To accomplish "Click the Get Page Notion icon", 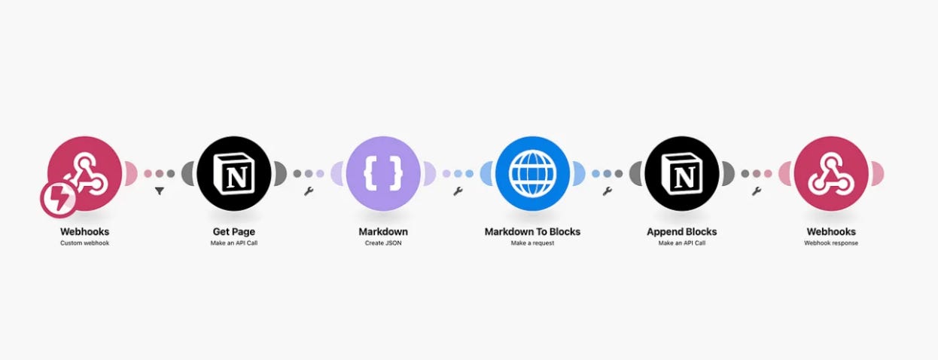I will [x=234, y=173].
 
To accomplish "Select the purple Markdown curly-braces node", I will [x=383, y=173].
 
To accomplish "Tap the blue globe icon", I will [x=532, y=173].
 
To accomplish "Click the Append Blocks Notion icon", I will [x=681, y=173].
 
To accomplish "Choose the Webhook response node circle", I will [x=830, y=173].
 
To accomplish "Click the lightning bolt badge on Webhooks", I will [x=58, y=199].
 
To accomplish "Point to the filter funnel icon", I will [x=160, y=191].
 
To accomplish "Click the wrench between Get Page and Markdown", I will [x=309, y=191].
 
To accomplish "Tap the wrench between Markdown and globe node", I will [x=458, y=191].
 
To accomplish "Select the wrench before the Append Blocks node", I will [x=607, y=191].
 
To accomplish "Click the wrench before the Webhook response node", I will [x=756, y=191].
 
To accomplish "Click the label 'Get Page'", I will [x=234, y=231].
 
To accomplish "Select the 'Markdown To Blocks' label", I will [x=532, y=231].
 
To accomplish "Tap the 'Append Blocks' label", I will [x=681, y=231].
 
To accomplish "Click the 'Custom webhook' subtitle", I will [x=84, y=243].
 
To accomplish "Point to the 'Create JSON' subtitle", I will [x=383, y=243].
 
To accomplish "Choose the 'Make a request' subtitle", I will [x=532, y=243].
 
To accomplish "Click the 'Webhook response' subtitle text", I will [x=830, y=243].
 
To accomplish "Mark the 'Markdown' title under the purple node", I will [x=383, y=231].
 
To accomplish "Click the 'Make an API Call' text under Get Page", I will [x=234, y=243].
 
